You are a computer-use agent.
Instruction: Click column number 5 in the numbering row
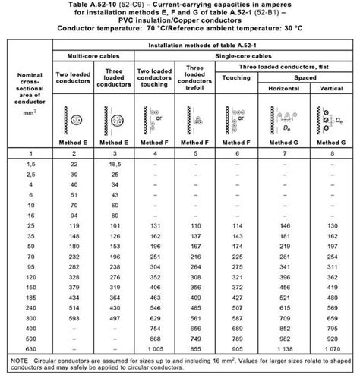coord(197,153)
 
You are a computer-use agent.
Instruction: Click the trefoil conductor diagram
coord(198,118)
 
